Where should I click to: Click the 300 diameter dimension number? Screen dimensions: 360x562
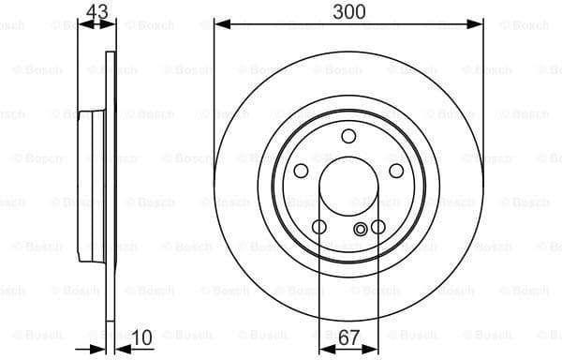348,11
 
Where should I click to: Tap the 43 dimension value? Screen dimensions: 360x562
96,11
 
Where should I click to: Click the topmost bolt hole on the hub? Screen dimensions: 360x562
348,137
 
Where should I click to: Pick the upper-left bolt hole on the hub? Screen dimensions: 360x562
302,171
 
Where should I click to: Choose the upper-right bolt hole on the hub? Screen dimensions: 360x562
395,171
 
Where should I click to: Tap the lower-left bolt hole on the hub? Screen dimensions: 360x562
319,227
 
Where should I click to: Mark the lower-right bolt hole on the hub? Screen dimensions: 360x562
377,227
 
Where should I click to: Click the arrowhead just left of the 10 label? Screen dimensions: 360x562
120,348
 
